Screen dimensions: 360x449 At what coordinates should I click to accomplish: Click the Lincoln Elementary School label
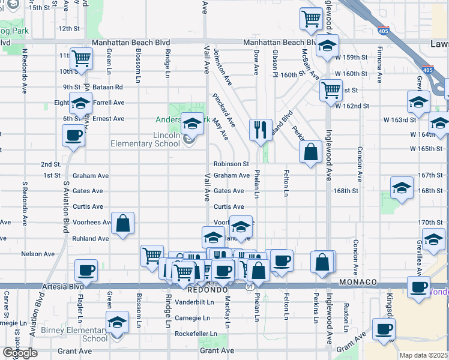point(145,139)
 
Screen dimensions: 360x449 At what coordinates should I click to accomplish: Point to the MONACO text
point(358,281)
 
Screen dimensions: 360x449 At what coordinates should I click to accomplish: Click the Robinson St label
point(231,164)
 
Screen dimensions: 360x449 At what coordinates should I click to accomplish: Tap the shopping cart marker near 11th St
point(80,58)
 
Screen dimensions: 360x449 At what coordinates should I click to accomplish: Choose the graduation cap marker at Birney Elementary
point(118,321)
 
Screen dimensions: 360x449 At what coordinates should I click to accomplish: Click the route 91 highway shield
point(249,287)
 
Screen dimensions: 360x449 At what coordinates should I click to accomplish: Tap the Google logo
point(20,353)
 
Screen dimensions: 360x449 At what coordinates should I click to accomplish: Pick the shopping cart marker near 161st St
point(331,90)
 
